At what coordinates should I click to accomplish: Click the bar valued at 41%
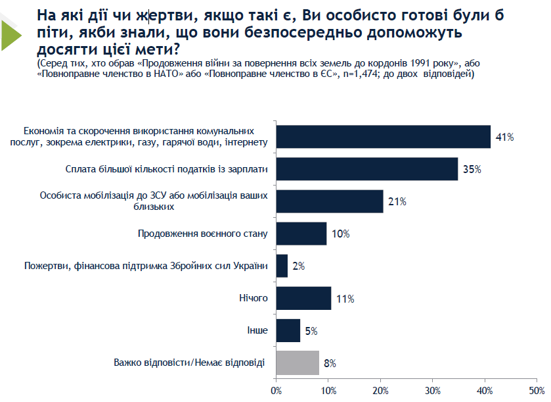point(383,137)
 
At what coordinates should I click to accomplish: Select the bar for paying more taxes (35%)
point(366,169)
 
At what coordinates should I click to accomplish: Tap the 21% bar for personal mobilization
point(329,201)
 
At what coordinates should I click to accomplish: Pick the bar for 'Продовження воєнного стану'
point(301,234)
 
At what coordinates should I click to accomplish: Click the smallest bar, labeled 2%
point(282,266)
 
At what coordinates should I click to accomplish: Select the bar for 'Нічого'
point(303,298)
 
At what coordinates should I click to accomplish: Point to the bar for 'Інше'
point(288,330)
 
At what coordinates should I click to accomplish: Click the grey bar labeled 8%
point(298,363)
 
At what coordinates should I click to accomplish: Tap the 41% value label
point(504,137)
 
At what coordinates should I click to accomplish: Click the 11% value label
point(345,299)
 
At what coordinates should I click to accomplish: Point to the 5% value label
point(312,330)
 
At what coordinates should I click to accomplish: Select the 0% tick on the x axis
point(276,391)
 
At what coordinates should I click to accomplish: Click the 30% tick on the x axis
point(432,391)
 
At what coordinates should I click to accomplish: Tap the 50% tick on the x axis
point(537,391)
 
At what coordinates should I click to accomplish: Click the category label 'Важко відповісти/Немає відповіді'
point(190,363)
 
